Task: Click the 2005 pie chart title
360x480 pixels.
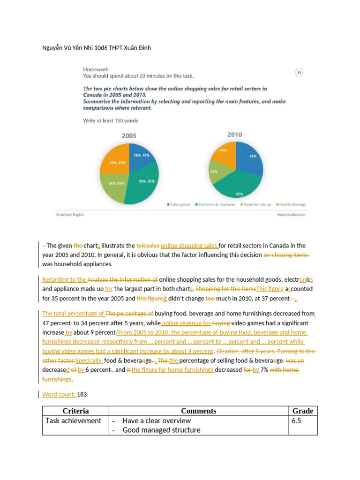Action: (129, 136)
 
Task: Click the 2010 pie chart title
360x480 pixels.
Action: (235, 135)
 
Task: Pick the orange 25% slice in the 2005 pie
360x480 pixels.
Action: (115, 162)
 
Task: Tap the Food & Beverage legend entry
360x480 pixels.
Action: (292, 204)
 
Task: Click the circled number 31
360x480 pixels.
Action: (299, 72)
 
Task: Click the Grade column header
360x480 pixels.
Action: (302, 411)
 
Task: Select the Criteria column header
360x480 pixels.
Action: (75, 411)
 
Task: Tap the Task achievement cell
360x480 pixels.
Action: (73, 421)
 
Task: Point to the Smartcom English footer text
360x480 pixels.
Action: (70, 215)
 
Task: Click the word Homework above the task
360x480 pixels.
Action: (96, 68)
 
